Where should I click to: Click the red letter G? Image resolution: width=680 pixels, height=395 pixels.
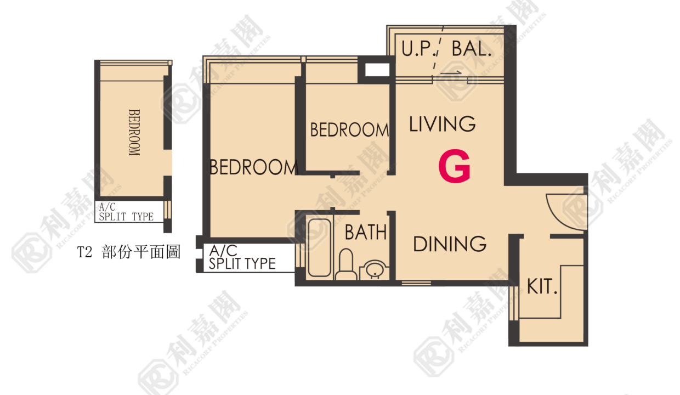coord(455,166)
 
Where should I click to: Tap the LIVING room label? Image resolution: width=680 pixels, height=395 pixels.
coord(443,124)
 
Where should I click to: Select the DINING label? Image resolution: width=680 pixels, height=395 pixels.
coord(450,244)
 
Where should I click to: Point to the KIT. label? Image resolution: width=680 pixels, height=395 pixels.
coord(542,286)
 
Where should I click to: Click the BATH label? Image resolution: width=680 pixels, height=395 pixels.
coord(365,232)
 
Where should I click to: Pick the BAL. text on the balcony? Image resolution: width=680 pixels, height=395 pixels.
coord(472,49)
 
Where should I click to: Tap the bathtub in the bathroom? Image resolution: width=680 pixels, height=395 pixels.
coord(319,248)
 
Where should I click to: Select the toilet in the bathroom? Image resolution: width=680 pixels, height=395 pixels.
coord(346,265)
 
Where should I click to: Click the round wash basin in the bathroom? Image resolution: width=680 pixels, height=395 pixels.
coord(375,269)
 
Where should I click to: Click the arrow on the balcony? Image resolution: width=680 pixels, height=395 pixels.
coord(451,73)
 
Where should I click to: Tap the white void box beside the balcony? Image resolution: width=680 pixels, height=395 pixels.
coord(377,70)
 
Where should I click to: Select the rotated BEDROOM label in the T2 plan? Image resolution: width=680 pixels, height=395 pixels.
coord(134,132)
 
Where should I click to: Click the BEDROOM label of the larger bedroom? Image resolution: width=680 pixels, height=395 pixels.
coord(253,167)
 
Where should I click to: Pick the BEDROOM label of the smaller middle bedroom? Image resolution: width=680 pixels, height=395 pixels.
coord(349,130)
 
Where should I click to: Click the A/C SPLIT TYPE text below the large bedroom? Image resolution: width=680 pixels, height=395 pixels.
coord(242,257)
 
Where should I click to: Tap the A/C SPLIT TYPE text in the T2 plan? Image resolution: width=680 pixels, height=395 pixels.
coord(126,212)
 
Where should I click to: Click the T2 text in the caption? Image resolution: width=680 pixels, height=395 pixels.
coord(84,252)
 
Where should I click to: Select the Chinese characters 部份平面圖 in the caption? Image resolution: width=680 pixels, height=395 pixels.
coord(141,252)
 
